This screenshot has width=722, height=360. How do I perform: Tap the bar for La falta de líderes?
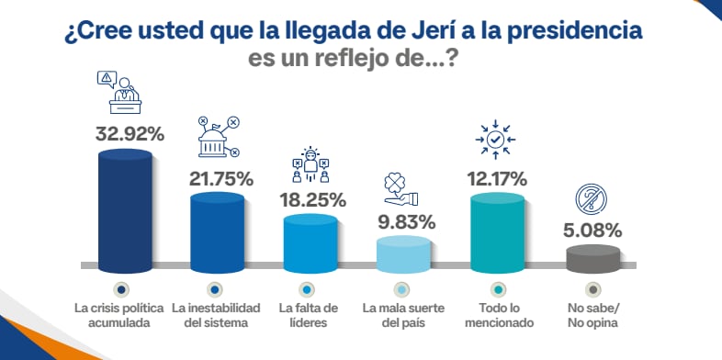(x=310, y=240)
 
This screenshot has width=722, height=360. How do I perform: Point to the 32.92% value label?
(x=130, y=133)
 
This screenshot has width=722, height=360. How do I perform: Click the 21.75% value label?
(x=220, y=178)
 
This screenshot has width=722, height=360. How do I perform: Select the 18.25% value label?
(x=312, y=199)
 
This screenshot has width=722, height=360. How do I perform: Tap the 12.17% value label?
(x=496, y=177)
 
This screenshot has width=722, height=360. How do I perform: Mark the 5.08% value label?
(x=592, y=231)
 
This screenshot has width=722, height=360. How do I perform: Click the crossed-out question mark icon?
(x=590, y=199)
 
